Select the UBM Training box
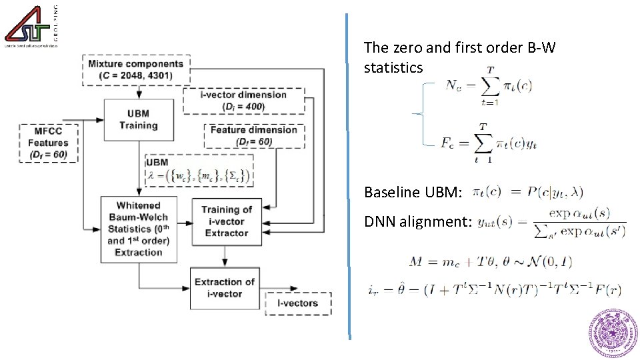(x=138, y=120)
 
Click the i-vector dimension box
(x=243, y=100)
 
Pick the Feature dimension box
(x=253, y=135)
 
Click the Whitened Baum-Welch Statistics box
(x=139, y=228)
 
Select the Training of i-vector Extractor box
(x=227, y=221)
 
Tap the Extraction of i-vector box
(x=224, y=287)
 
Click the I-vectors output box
(x=298, y=303)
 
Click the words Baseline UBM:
(x=413, y=193)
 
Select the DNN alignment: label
(x=418, y=221)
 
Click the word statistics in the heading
(x=393, y=67)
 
